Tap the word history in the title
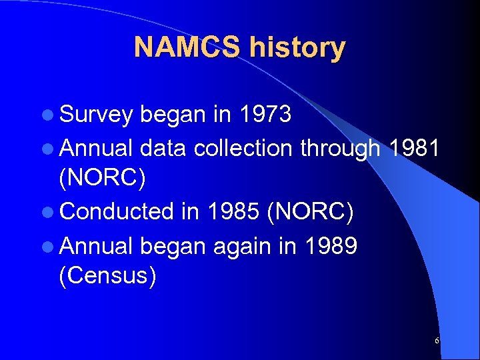pyautogui.click(x=297, y=48)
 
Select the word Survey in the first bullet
pyautogui.click(x=97, y=115)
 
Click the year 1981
pyautogui.click(x=412, y=148)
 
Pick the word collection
pyautogui.click(x=244, y=148)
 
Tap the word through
pyautogui.click(x=341, y=148)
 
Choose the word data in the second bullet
pyautogui.click(x=165, y=148)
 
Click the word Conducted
pyautogui.click(x=117, y=212)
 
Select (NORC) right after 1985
pyautogui.click(x=310, y=212)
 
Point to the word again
pyautogui.click(x=247, y=245)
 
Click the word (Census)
pyautogui.click(x=108, y=276)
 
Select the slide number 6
pyautogui.click(x=437, y=341)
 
